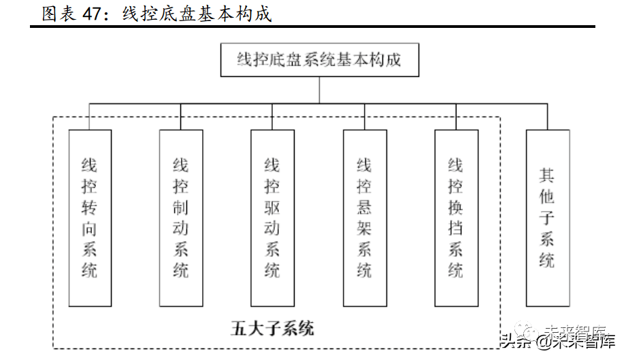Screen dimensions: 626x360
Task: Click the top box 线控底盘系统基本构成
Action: tap(319, 60)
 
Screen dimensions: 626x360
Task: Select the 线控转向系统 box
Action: tap(90, 218)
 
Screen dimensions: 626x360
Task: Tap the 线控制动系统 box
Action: tap(181, 218)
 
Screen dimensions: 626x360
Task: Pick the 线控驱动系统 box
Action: tap(273, 218)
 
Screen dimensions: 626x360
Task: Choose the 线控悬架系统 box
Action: tap(365, 218)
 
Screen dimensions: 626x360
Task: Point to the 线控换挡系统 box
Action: tap(457, 218)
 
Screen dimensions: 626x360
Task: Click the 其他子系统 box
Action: tap(548, 218)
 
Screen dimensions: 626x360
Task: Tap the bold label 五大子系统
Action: tap(272, 329)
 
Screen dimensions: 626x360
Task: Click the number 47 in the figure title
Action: tap(93, 14)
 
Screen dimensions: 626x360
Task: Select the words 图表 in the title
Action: tap(59, 14)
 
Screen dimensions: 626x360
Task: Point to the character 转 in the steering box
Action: tap(89, 208)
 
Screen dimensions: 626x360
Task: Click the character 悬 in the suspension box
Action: tap(364, 208)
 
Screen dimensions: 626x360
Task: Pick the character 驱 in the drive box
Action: tap(272, 208)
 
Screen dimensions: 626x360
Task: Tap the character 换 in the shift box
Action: tap(455, 208)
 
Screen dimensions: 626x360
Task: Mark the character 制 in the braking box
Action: tap(180, 208)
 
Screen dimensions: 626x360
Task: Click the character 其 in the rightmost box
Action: tap(547, 175)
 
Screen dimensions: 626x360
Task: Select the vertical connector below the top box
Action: tap(319, 91)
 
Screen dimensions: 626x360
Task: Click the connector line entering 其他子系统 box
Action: tap(547, 116)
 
